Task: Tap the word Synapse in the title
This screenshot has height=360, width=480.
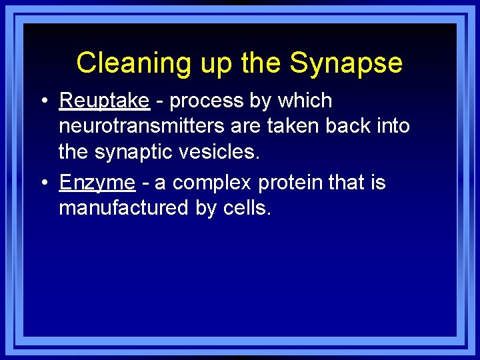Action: tap(346, 63)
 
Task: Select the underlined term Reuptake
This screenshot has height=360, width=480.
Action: tap(104, 101)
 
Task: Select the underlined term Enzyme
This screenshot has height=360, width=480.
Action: tap(97, 183)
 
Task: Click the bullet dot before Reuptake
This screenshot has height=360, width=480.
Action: tap(42, 101)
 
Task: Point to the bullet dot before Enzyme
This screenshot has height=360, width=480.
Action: tap(42, 183)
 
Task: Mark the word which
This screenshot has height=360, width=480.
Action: tap(305, 101)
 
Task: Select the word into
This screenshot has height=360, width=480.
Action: tap(392, 126)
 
